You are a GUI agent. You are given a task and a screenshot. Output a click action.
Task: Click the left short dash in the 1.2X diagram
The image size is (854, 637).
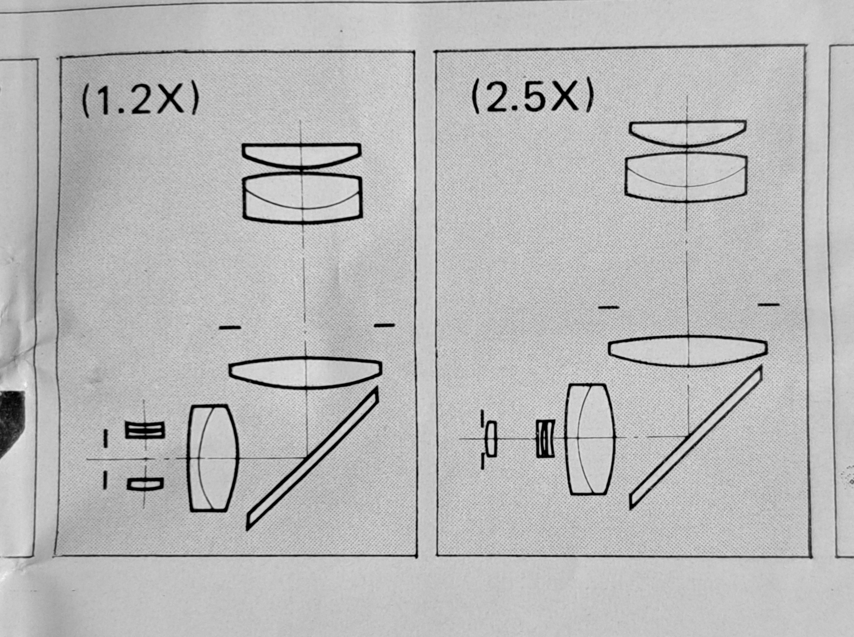tap(230, 328)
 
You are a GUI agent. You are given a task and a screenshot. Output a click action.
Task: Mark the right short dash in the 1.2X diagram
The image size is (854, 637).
tap(385, 325)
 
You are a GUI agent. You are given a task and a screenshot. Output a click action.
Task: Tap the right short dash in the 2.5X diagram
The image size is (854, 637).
tap(769, 305)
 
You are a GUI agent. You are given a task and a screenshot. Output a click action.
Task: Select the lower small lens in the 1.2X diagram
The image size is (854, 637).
tap(145, 484)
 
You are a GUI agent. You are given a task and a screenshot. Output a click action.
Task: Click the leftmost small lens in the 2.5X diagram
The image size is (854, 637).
tap(491, 439)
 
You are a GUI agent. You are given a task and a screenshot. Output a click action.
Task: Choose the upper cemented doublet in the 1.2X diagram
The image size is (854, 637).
tap(302, 198)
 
